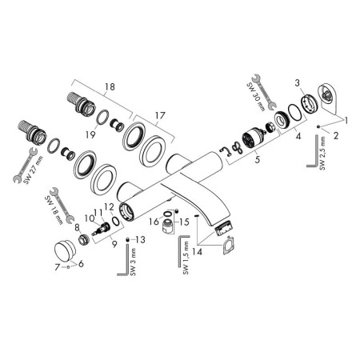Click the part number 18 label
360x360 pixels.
(x=110, y=86)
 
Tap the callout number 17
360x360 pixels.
(x=160, y=116)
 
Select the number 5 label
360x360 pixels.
(x=257, y=159)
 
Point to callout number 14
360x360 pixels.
(x=197, y=251)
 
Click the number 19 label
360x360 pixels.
(x=90, y=134)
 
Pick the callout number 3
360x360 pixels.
(x=298, y=83)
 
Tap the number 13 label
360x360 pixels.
(x=141, y=240)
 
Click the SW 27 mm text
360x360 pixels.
(x=32, y=170)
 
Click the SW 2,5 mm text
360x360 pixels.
(x=322, y=154)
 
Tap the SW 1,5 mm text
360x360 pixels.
(x=186, y=258)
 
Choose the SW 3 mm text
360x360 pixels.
(x=134, y=262)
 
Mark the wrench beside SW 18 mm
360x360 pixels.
(x=62, y=205)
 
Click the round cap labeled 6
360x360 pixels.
(x=65, y=249)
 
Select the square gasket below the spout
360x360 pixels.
(x=228, y=245)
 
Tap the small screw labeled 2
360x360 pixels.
(x=318, y=126)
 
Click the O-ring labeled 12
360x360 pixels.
(x=116, y=221)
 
